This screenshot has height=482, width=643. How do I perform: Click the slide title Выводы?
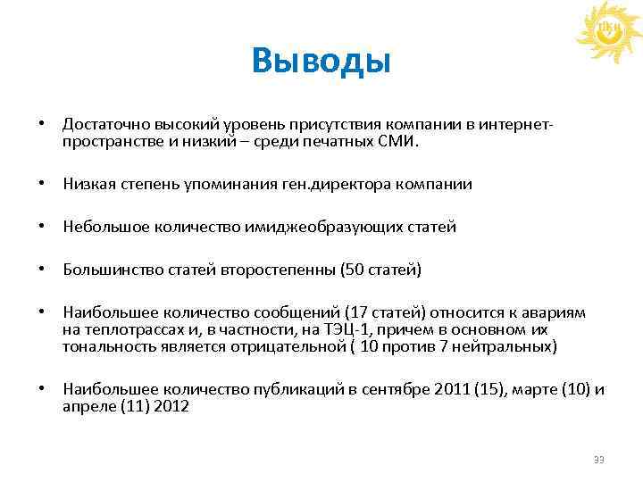(321, 62)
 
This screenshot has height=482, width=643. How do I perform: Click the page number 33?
(599, 460)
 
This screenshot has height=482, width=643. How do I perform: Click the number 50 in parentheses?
(355, 270)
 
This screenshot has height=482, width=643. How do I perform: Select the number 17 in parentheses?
(357, 312)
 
